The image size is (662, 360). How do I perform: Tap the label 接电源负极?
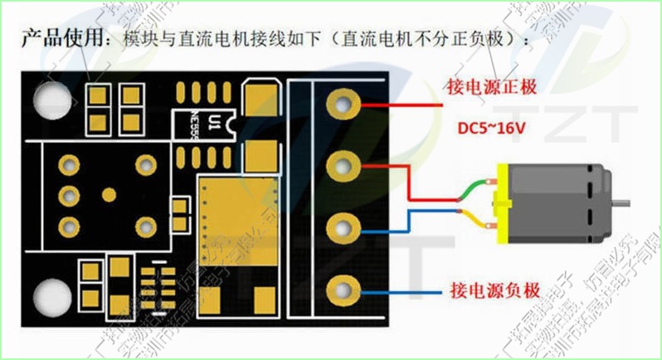click(x=494, y=291)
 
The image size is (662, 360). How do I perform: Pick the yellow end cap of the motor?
click(x=500, y=202)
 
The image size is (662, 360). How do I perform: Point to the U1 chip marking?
click(x=215, y=124)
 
